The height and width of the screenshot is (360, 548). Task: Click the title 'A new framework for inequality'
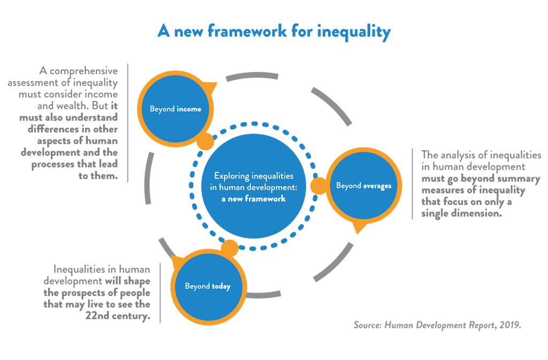(x=273, y=32)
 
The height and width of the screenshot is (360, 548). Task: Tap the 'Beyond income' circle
(x=175, y=109)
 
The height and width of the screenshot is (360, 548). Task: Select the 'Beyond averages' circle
(x=363, y=186)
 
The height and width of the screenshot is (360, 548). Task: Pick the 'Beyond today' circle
(x=208, y=286)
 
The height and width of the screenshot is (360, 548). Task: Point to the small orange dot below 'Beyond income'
(x=204, y=142)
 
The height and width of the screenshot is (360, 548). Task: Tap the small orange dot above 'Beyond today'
(x=229, y=248)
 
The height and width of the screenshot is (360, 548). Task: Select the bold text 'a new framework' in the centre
(x=254, y=198)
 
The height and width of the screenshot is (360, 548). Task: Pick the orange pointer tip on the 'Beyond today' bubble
(x=173, y=261)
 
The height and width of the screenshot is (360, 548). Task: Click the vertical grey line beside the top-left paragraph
(x=127, y=123)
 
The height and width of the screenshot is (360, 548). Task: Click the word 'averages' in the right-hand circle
(x=377, y=186)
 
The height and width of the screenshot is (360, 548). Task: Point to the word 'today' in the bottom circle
(x=221, y=286)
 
